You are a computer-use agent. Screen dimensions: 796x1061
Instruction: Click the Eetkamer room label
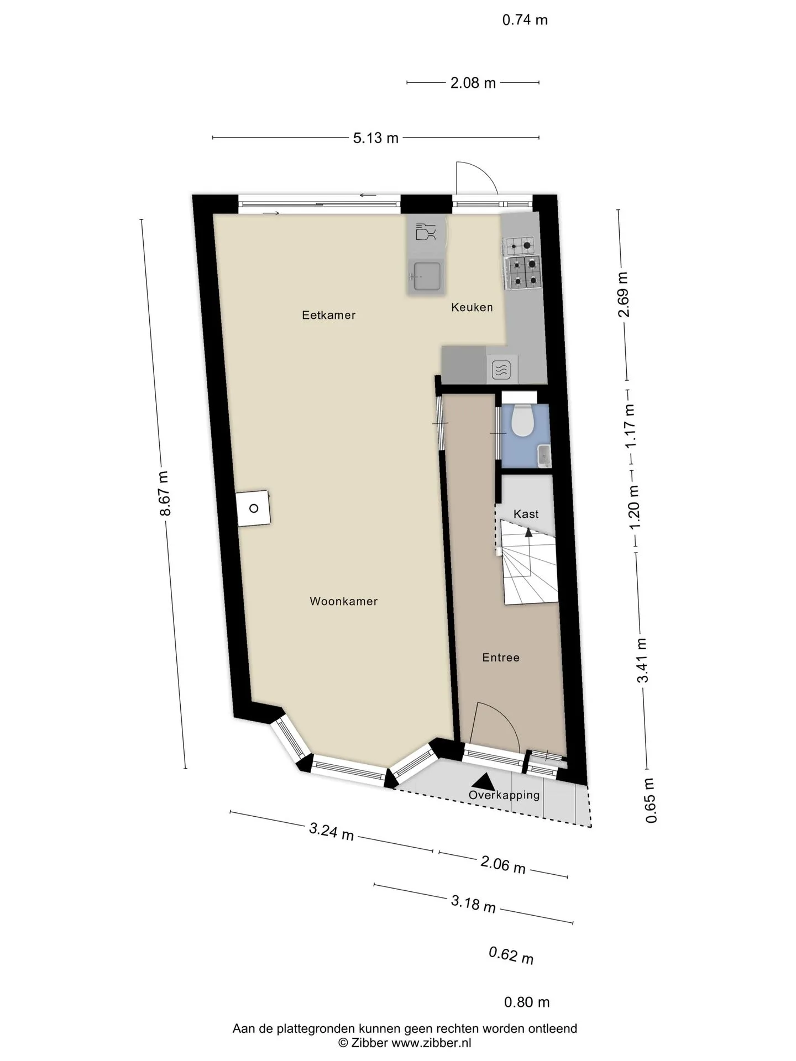click(x=328, y=315)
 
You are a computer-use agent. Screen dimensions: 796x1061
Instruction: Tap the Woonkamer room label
click(x=343, y=601)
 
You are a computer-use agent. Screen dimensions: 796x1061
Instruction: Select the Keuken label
click(x=472, y=307)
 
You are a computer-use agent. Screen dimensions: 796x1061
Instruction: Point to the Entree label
click(x=501, y=658)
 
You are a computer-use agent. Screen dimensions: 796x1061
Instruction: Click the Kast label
click(x=526, y=514)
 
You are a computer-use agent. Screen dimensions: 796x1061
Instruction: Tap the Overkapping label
click(x=504, y=795)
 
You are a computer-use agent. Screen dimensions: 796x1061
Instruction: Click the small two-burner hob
click(x=520, y=245)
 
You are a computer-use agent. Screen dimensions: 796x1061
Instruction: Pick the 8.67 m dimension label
click(x=164, y=494)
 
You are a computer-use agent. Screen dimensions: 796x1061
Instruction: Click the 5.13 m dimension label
click(x=376, y=138)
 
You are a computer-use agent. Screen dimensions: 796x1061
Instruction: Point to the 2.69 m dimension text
click(x=624, y=295)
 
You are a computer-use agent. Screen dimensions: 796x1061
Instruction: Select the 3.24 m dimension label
click(x=331, y=831)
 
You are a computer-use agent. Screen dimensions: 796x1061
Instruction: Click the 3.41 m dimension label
click(x=642, y=660)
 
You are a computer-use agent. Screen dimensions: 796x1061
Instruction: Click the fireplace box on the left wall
click(x=254, y=508)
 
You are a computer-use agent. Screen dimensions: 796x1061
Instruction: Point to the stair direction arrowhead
click(x=528, y=533)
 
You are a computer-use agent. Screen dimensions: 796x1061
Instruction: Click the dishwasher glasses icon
click(x=425, y=232)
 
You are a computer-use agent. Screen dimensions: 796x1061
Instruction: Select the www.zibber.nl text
click(x=431, y=1043)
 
